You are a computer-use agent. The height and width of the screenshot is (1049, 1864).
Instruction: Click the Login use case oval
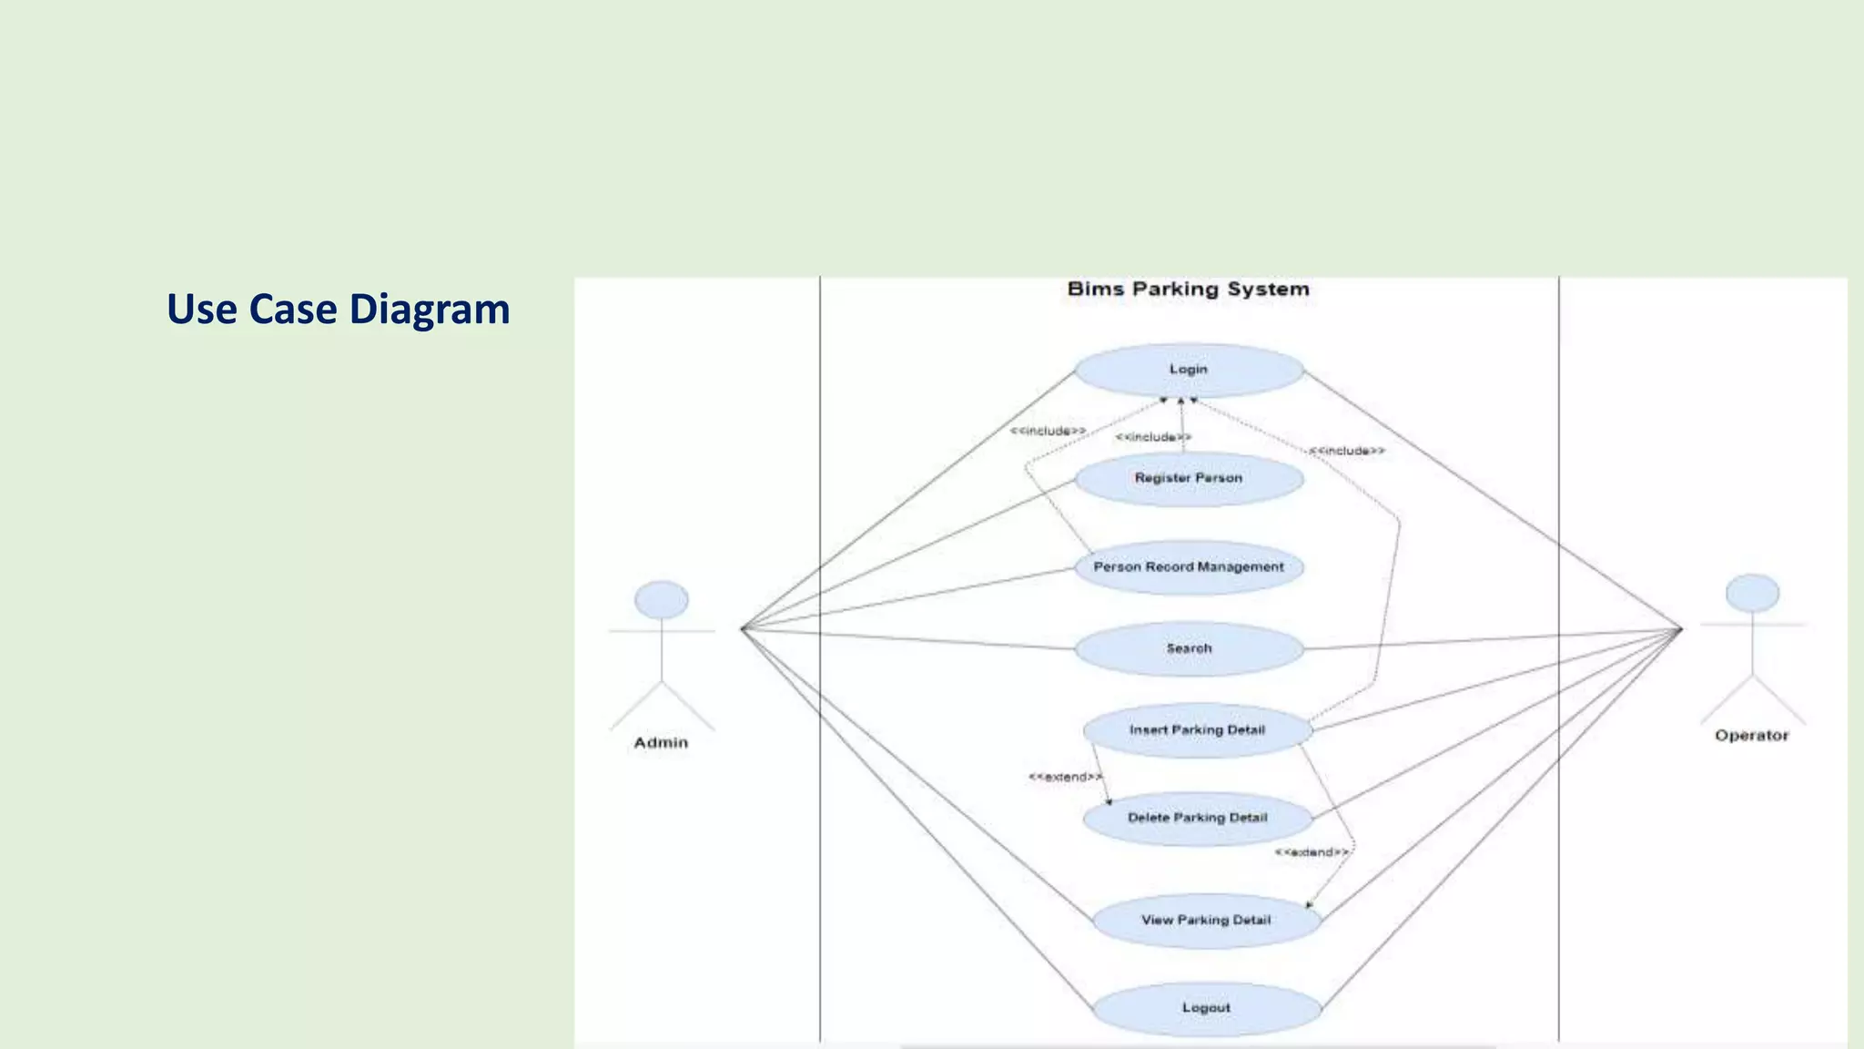pyautogui.click(x=1189, y=370)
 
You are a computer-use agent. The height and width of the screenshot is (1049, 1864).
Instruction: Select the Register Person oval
pyautogui.click(x=1189, y=478)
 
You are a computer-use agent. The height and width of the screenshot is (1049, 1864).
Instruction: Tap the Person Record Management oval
pyautogui.click(x=1189, y=567)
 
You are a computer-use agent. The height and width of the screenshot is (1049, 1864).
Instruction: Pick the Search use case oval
pyautogui.click(x=1189, y=648)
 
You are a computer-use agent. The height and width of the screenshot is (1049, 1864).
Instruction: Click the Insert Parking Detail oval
pyautogui.click(x=1197, y=730)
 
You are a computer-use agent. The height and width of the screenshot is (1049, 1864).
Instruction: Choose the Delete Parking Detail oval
pyautogui.click(x=1197, y=818)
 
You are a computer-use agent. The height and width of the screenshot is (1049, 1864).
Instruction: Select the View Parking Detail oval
pyautogui.click(x=1206, y=921)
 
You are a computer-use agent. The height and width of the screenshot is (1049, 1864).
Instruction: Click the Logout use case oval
pyautogui.click(x=1206, y=1008)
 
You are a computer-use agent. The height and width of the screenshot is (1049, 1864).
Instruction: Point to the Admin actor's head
pyautogui.click(x=662, y=600)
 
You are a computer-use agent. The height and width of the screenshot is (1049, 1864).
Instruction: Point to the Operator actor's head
pyautogui.click(x=1752, y=593)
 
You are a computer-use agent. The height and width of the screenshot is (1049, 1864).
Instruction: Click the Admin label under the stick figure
pyautogui.click(x=662, y=743)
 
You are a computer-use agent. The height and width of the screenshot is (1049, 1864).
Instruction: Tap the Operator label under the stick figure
pyautogui.click(x=1751, y=736)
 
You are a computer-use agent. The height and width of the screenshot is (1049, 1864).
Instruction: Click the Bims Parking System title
pyautogui.click(x=1188, y=290)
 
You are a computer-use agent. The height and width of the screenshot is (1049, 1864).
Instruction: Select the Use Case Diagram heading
pyautogui.click(x=338, y=310)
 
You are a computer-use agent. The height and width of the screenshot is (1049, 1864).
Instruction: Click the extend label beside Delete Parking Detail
pyautogui.click(x=1065, y=777)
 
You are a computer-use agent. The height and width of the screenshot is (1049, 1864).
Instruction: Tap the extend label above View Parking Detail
pyautogui.click(x=1312, y=852)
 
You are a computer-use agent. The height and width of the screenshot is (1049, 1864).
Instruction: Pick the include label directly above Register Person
pyautogui.click(x=1153, y=437)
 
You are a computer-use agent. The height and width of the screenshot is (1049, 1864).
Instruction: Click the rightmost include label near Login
pyautogui.click(x=1347, y=451)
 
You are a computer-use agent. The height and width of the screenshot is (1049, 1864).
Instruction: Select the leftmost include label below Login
pyautogui.click(x=1048, y=431)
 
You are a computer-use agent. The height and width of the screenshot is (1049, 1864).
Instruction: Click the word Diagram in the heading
pyautogui.click(x=429, y=310)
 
